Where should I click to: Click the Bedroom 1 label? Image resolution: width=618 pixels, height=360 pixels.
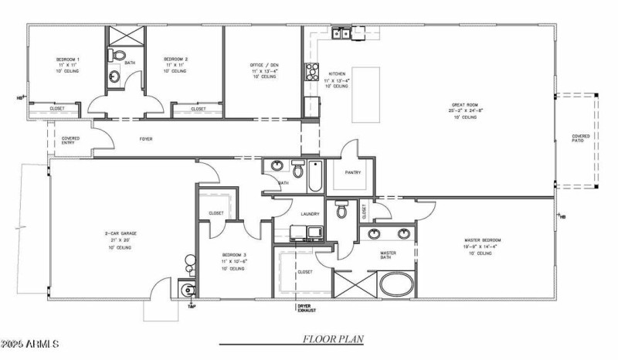[x=67, y=59]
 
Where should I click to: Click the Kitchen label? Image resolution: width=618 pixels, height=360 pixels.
[x=338, y=74]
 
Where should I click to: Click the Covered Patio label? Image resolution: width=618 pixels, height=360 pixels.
[x=580, y=138]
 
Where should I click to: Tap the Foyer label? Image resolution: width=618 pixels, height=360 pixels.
[x=144, y=140]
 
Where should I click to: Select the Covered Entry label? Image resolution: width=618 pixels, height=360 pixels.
[x=70, y=141]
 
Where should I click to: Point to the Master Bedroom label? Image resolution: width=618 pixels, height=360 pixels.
[x=483, y=240]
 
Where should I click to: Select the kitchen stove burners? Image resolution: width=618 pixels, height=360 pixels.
[x=313, y=71]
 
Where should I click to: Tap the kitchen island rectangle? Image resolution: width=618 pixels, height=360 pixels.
[x=368, y=87]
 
